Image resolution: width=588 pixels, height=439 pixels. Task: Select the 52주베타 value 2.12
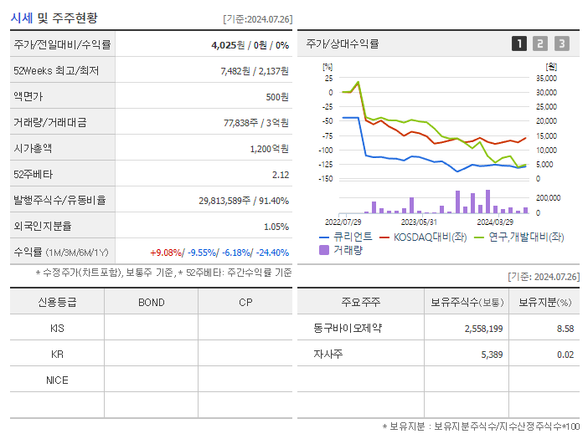(280, 175)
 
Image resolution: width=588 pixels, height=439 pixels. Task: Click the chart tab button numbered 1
(519, 43)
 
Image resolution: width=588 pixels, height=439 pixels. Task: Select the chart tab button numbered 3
(561, 43)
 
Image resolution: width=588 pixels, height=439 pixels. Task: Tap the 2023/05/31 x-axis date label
(419, 222)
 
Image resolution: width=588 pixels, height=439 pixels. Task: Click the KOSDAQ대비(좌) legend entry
(422, 237)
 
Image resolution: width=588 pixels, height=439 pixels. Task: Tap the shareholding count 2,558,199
(483, 329)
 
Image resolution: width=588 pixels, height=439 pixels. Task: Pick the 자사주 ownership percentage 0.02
(565, 355)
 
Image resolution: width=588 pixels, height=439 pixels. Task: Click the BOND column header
(151, 303)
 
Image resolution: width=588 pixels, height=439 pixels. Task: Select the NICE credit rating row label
(57, 380)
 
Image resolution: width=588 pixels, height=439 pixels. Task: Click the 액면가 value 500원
(277, 97)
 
